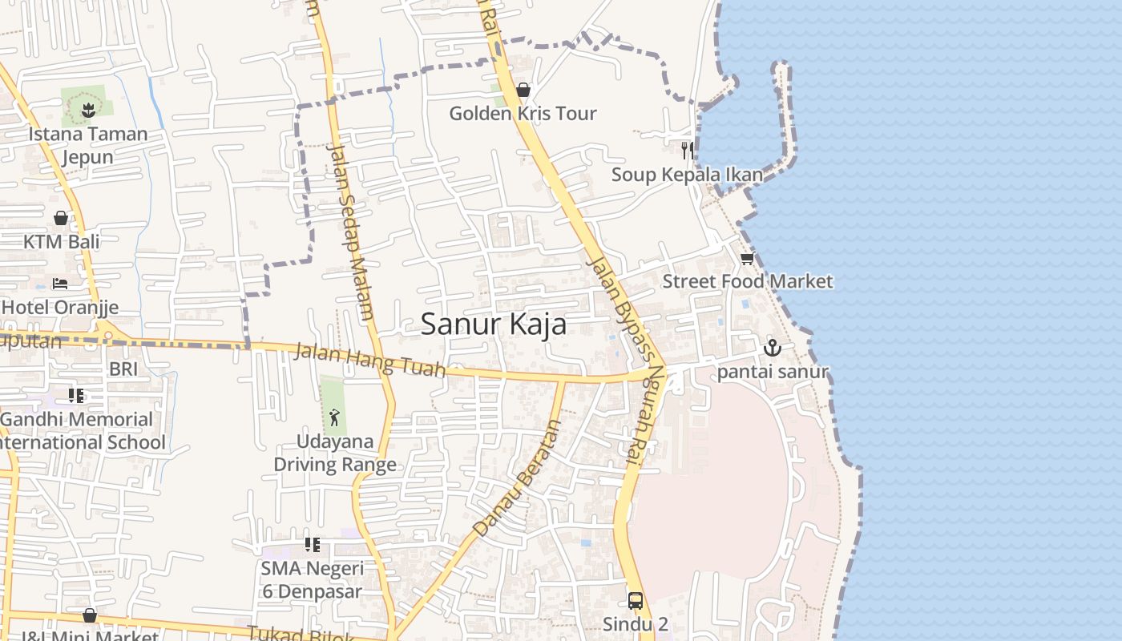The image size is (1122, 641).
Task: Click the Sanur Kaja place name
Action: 493,325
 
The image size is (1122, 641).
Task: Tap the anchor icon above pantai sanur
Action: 772,348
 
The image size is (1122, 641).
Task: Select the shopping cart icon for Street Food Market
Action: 747,258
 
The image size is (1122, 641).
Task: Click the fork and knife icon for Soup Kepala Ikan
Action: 687,150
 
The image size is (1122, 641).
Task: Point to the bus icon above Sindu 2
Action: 635,600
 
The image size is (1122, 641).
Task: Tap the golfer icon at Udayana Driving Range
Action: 334,417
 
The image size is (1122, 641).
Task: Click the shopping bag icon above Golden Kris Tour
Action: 523,90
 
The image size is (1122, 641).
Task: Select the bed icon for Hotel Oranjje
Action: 60,283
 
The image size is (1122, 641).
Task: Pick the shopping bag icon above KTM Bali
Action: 61,218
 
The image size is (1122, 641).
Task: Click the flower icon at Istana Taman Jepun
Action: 88,110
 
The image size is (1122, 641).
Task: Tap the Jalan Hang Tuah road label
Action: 369,359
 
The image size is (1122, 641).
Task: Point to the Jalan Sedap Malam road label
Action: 351,232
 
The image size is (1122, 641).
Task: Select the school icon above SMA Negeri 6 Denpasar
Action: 313,545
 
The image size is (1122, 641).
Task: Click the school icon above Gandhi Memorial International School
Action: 76,395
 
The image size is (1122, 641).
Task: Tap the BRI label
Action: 123,369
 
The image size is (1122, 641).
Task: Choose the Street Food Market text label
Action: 747,281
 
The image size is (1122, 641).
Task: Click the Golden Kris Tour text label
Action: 523,113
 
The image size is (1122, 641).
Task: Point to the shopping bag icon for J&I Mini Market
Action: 90,615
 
